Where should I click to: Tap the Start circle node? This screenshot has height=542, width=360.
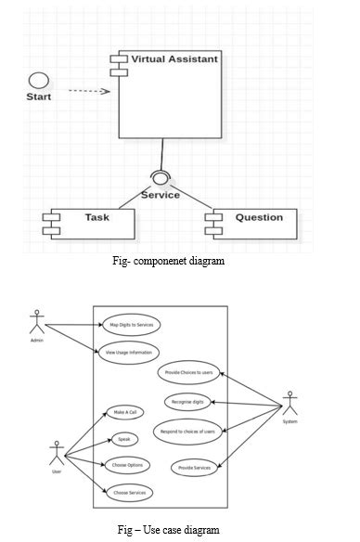pyautogui.click(x=38, y=80)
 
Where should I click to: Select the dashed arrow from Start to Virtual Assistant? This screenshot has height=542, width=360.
pyautogui.click(x=89, y=91)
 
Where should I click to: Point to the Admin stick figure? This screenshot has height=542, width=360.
pyautogui.click(x=37, y=327)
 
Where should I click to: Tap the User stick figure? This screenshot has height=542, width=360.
pyautogui.click(x=56, y=454)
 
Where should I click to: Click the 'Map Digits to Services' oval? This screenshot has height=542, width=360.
pyautogui.click(x=130, y=324)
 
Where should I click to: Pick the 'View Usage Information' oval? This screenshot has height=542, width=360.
pyautogui.click(x=130, y=352)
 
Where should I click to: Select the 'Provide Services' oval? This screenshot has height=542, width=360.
pyautogui.click(x=194, y=468)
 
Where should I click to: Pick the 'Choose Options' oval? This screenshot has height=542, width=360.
pyautogui.click(x=127, y=466)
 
